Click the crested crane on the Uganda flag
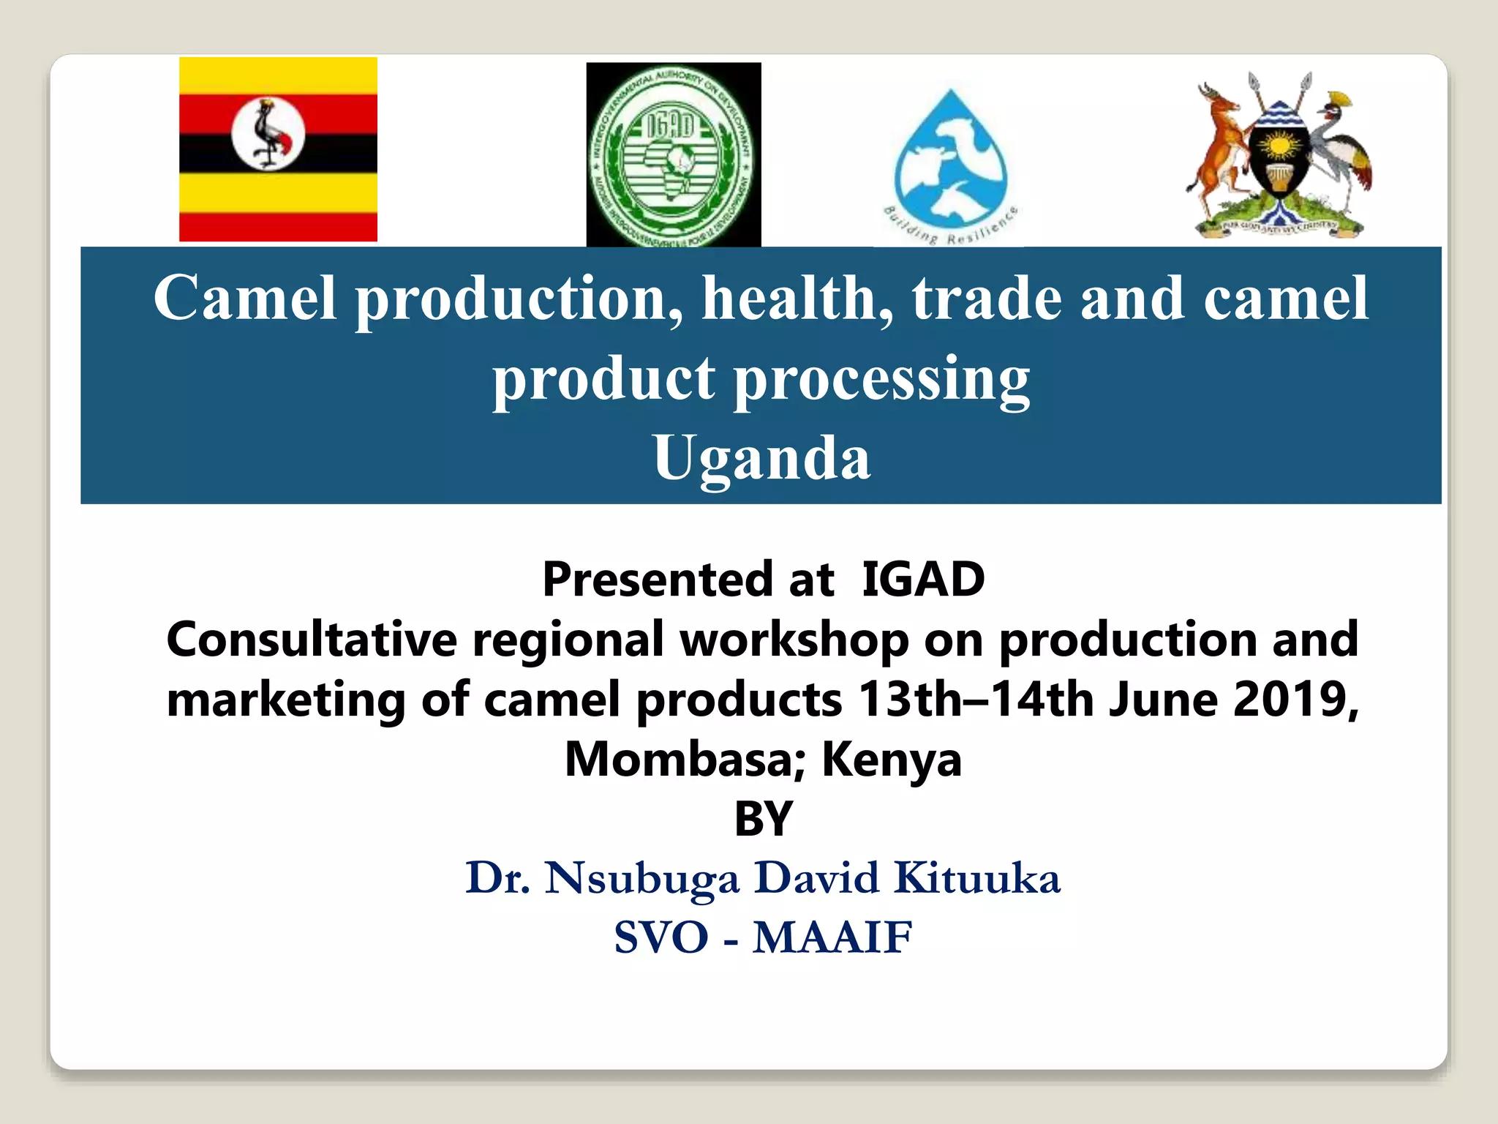(x=268, y=135)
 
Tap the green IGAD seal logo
(x=673, y=155)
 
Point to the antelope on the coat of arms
(x=1219, y=146)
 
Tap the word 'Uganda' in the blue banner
(x=761, y=458)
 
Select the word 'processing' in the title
(x=882, y=379)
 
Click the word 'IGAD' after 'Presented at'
(x=923, y=580)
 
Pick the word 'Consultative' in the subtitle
(x=312, y=640)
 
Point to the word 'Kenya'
(x=892, y=760)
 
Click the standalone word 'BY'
(x=763, y=819)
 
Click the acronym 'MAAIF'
(x=832, y=937)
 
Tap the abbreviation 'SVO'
(x=661, y=937)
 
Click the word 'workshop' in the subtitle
(x=794, y=640)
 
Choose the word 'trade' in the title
(x=987, y=299)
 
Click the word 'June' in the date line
(x=1163, y=700)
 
